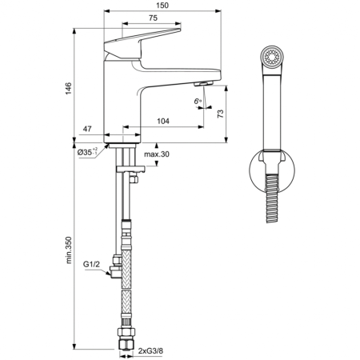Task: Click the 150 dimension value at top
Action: (163, 6)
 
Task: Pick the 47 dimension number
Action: (89, 128)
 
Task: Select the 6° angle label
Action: (196, 100)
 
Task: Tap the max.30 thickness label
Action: (158, 154)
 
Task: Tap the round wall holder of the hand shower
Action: (273, 171)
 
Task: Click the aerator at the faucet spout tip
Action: (203, 85)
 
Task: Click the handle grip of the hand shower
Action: (273, 112)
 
